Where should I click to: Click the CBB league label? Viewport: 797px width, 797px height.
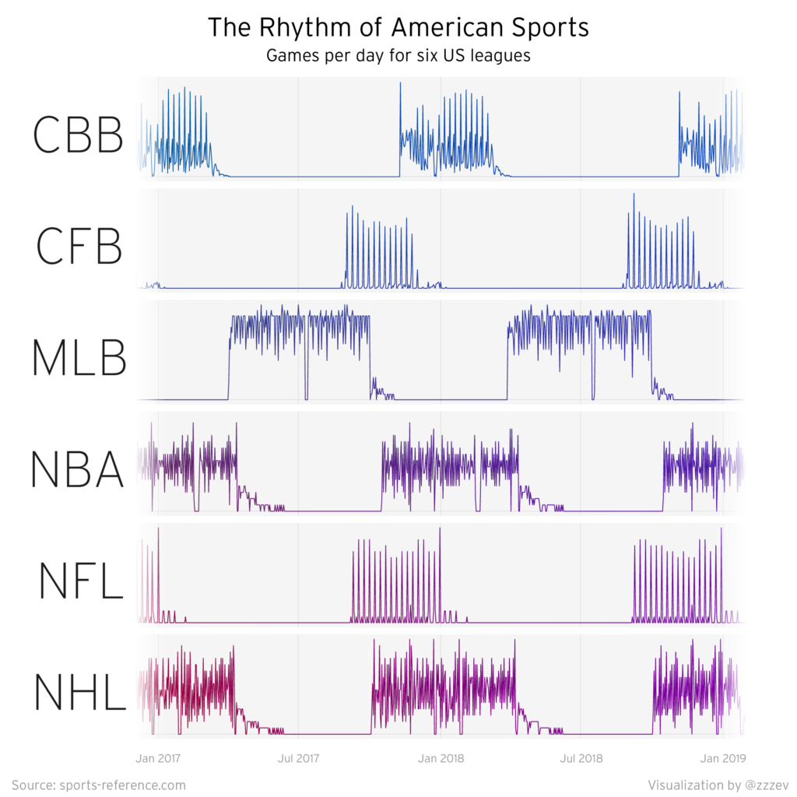tap(78, 135)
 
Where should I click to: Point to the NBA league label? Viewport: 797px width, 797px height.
tap(77, 469)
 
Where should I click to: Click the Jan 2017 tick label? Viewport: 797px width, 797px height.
tap(158, 756)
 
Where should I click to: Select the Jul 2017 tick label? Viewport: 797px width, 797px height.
tap(299, 756)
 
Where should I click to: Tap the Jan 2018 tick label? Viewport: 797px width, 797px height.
tap(441, 756)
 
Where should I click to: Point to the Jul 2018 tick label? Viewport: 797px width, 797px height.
tap(581, 756)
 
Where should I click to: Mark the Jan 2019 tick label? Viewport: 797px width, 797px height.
tap(723, 756)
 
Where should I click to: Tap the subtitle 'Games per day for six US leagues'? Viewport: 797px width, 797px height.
tap(398, 57)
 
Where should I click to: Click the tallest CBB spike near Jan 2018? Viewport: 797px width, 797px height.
tap(400, 84)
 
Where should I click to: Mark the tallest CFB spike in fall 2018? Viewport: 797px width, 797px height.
tap(634, 195)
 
